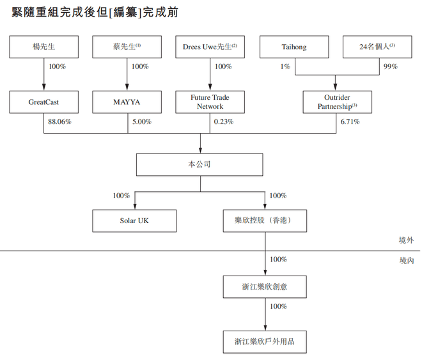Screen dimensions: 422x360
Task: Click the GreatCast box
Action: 44,102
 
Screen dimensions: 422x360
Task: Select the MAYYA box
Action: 127,102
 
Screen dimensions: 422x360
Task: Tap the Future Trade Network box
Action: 210,102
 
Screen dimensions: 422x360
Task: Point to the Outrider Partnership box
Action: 338,102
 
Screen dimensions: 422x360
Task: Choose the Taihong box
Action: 294,47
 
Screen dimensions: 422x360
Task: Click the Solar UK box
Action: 134,221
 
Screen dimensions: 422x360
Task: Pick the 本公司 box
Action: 199,165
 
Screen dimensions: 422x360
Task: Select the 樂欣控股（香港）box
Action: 265,221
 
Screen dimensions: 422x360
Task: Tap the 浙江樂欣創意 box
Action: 265,287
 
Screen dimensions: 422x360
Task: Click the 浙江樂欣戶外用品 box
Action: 265,342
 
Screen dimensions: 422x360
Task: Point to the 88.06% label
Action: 59,121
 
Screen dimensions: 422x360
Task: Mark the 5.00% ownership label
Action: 142,121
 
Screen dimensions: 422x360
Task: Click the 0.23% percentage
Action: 224,121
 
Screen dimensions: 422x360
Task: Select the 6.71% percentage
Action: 350,121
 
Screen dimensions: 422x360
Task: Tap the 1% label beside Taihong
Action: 285,67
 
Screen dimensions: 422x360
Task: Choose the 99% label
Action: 391,67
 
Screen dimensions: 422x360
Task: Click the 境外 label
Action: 407,240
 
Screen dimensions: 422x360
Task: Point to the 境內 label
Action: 407,260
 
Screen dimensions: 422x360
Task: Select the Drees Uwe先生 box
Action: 210,47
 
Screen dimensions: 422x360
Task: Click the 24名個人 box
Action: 377,47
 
